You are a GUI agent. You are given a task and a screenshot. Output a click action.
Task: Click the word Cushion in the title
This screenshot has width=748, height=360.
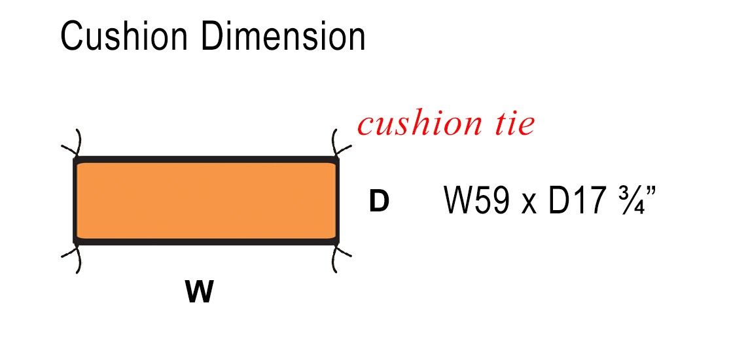124,36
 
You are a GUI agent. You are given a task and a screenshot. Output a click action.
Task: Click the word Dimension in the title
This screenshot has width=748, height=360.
283,36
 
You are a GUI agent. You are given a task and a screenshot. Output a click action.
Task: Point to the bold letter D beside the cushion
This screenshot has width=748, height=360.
380,202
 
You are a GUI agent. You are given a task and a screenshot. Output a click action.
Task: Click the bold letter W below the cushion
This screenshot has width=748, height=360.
200,292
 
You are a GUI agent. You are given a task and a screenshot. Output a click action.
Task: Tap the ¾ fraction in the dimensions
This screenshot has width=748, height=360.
630,200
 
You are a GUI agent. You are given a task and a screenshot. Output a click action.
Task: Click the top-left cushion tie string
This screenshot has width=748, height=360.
73,143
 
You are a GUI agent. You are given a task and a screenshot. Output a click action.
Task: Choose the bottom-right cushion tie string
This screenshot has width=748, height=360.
340,259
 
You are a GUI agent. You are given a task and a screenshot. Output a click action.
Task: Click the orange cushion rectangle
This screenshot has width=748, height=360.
206,200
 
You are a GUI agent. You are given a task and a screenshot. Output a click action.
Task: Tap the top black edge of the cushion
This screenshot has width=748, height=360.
206,159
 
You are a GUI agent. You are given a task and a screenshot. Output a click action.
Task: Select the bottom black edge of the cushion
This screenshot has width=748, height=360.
206,242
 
